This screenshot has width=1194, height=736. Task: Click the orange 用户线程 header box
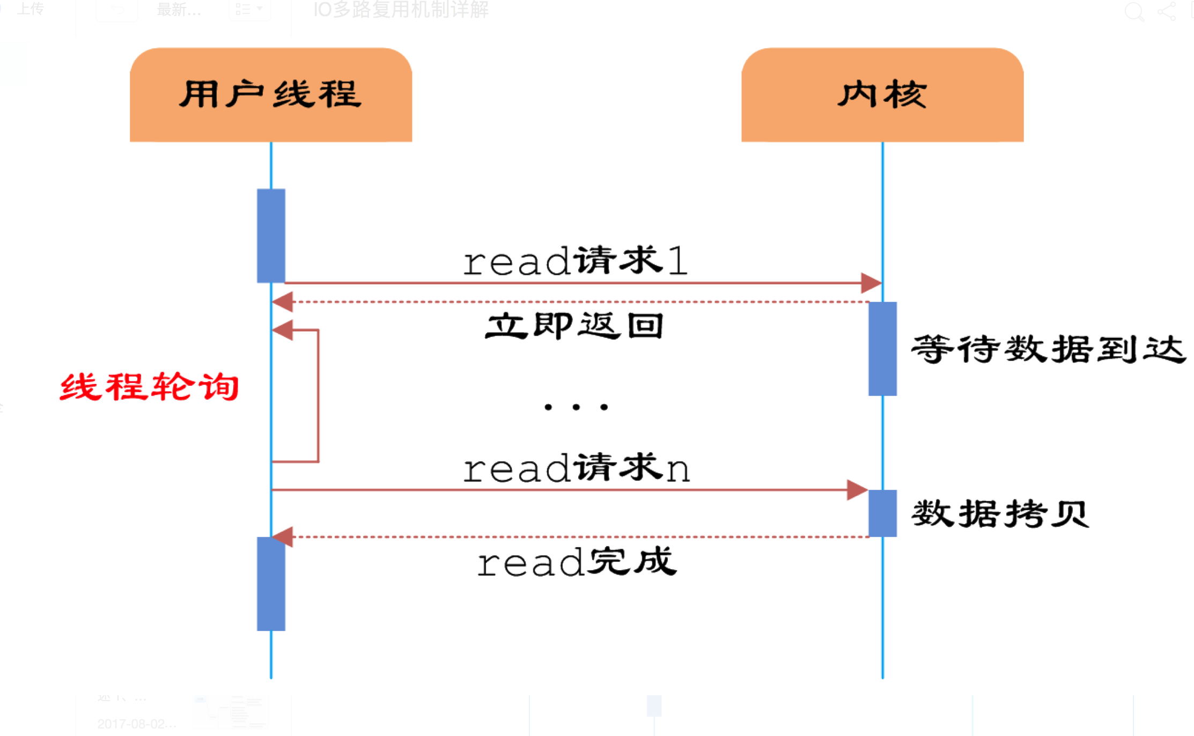pos(271,95)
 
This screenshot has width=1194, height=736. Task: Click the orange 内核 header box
pos(882,95)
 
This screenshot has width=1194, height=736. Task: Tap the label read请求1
pos(575,261)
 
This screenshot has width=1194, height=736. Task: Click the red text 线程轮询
pos(149,387)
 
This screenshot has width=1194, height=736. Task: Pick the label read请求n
pos(576,468)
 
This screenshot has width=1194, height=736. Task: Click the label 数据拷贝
pos(1000,514)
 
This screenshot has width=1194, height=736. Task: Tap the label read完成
pos(576,562)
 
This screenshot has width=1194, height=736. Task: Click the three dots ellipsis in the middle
pos(576,407)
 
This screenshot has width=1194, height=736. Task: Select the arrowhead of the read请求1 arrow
pos(871,283)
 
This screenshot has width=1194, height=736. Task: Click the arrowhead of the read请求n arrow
pos(857,490)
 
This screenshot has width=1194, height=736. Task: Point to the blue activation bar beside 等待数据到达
pos(882,349)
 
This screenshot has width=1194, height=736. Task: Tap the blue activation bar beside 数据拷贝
pos(882,513)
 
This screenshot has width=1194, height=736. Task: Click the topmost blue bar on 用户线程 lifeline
pos(271,235)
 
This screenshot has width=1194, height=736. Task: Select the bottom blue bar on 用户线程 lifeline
pos(271,584)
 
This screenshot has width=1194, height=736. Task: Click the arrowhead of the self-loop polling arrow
pos(283,330)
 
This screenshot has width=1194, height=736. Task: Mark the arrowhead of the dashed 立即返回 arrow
pos(283,302)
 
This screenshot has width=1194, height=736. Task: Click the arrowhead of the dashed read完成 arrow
pos(283,536)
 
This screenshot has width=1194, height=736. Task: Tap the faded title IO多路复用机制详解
pos(401,10)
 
